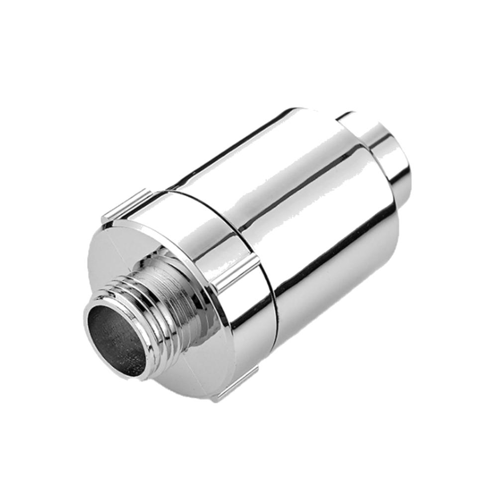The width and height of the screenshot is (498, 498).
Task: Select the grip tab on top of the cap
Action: click(124, 204)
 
